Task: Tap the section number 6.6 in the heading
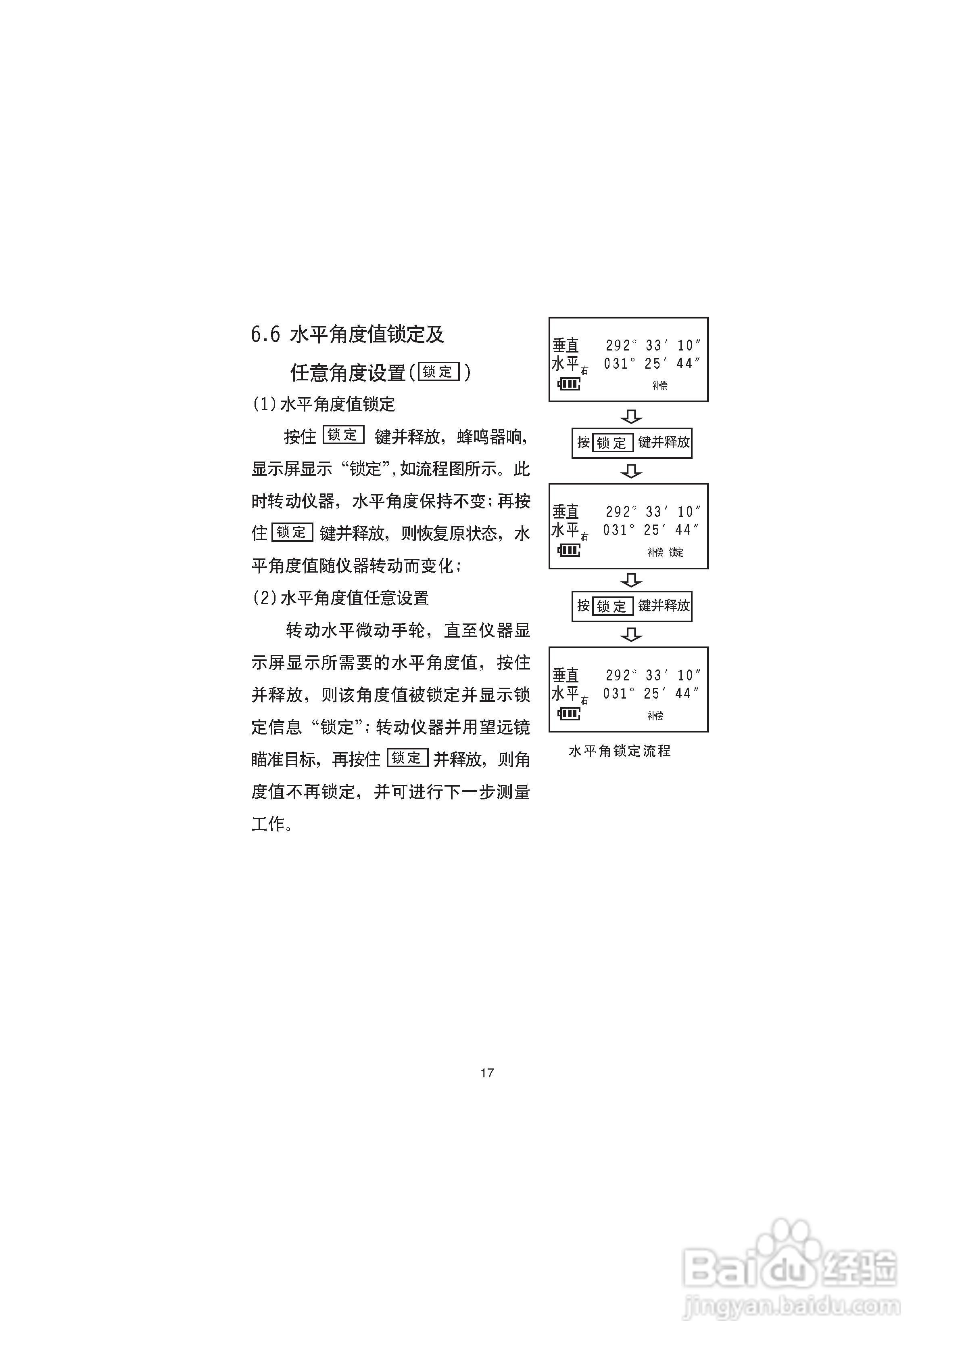tap(265, 335)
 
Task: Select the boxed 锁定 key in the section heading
tap(438, 372)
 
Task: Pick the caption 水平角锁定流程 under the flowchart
tap(620, 751)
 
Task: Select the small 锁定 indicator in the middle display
tap(676, 552)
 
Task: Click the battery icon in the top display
tap(569, 384)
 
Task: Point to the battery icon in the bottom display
tap(569, 714)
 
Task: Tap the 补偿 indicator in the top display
tap(660, 386)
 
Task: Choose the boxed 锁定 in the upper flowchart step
tap(612, 443)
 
